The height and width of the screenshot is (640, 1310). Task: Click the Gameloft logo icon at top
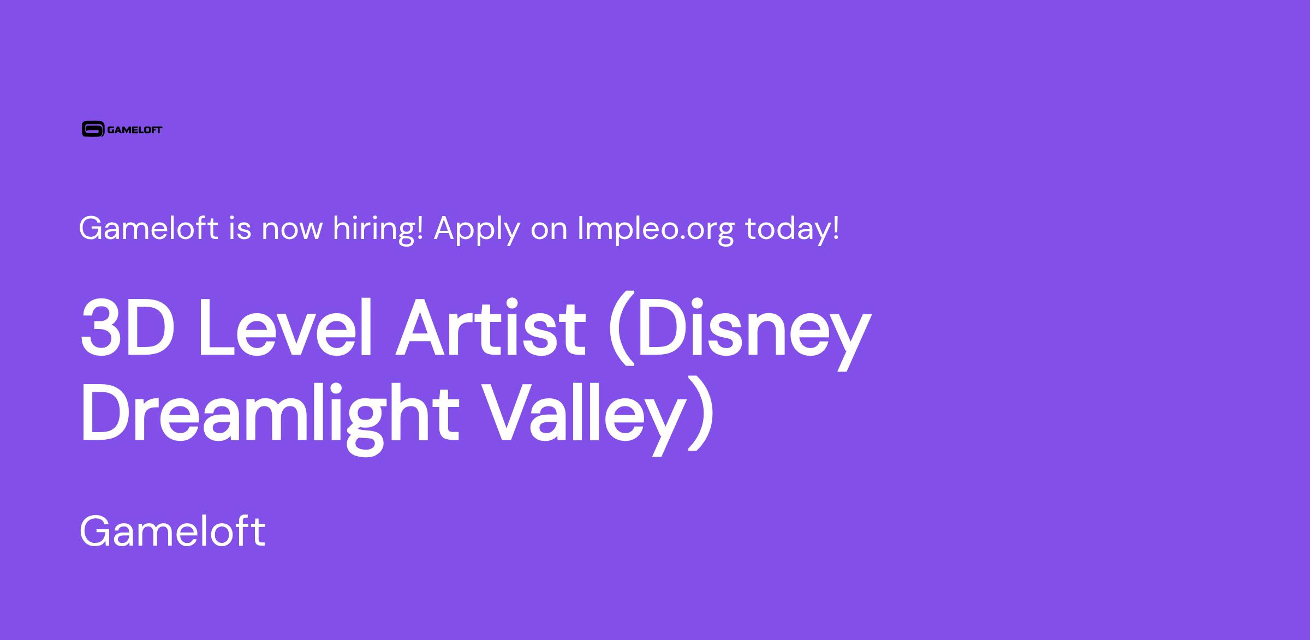(x=93, y=129)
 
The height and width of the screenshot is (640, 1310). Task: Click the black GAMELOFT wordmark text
(x=135, y=130)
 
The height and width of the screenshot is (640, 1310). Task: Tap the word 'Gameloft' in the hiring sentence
(x=148, y=228)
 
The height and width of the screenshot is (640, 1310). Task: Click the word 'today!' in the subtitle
(x=792, y=229)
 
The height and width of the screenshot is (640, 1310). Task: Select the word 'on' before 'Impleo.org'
(x=549, y=231)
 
